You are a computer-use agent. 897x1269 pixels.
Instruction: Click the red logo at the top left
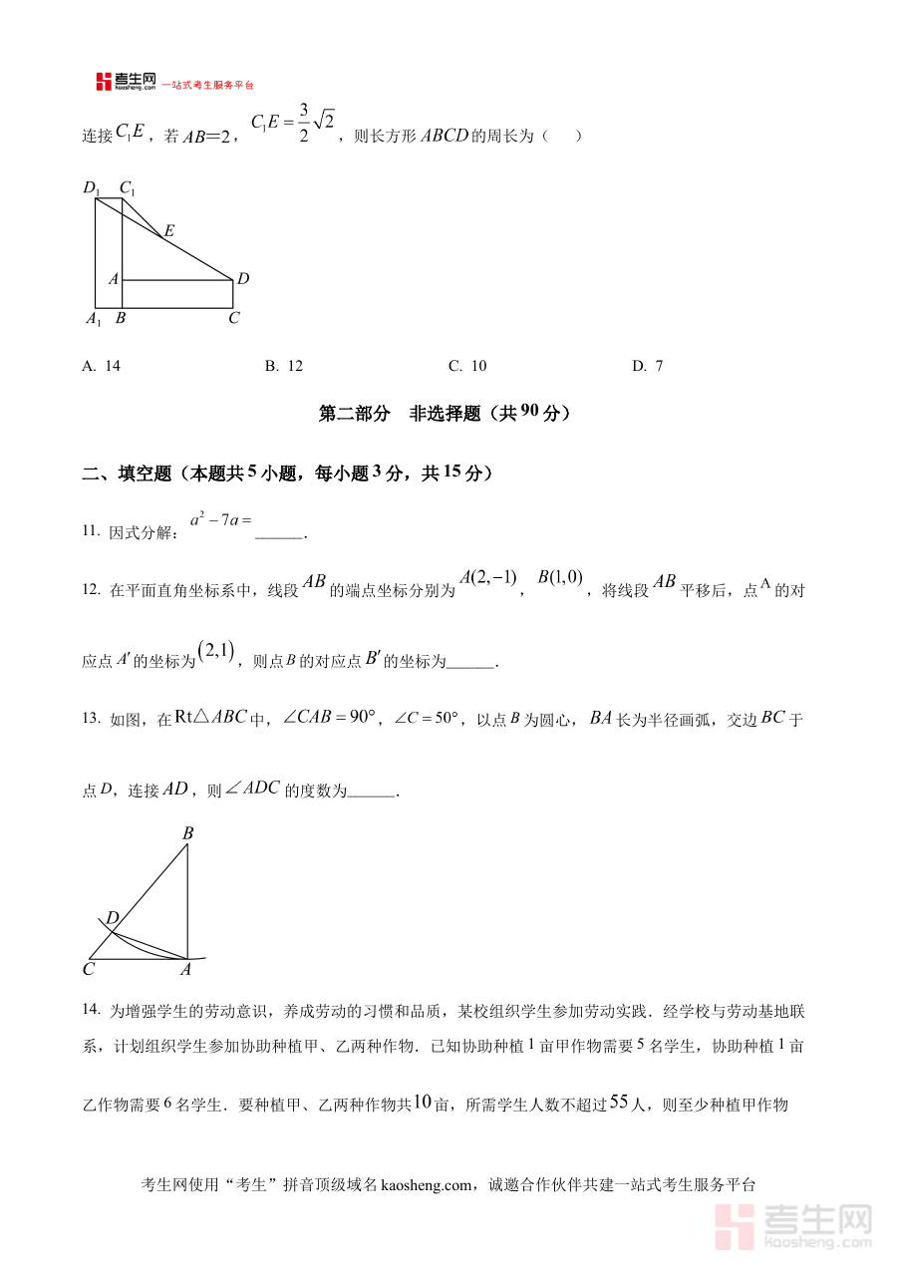104,82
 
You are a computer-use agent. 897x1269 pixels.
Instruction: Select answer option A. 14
102,366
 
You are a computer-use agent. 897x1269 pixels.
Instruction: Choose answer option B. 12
284,366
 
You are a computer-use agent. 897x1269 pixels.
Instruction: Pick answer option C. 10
467,366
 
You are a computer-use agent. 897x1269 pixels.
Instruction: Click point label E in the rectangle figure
168,231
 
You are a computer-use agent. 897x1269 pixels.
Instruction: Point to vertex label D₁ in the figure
92,187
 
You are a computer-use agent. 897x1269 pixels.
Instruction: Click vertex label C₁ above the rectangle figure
128,187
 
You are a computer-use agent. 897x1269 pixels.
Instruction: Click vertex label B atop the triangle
187,833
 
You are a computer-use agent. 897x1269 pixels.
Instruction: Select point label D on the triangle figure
113,917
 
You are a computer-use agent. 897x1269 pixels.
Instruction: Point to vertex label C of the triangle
89,968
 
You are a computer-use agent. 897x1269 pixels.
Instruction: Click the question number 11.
91,531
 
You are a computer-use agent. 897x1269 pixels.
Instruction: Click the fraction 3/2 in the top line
302,125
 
